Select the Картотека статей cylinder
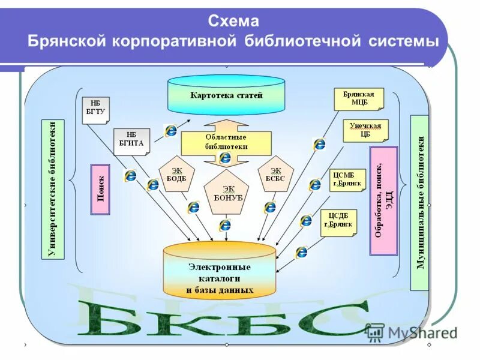coord(226,95)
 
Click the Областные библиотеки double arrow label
coord(226,142)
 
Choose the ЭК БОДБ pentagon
coord(172,176)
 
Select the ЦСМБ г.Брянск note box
coord(347,179)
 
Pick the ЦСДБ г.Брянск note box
coord(338,223)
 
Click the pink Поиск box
coord(100,190)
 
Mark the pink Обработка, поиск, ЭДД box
coord(383,200)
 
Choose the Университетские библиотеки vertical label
coord(53,189)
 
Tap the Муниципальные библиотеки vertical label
coord(419,203)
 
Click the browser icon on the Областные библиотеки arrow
coord(225,158)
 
